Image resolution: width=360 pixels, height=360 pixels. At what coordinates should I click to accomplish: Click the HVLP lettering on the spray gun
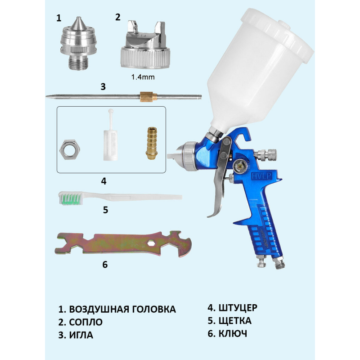tap(261, 176)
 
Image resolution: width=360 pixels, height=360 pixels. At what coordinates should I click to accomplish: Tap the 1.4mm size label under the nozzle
tap(143, 77)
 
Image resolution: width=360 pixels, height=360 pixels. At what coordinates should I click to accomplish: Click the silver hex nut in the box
tap(70, 149)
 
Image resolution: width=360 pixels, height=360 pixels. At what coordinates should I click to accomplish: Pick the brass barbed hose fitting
tap(152, 143)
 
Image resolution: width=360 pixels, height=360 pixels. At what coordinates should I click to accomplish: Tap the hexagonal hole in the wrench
tap(151, 243)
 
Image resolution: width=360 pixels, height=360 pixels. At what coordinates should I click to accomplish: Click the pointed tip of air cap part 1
tap(78, 18)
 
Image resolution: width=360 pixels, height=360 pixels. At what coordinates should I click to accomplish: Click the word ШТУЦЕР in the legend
tap(238, 308)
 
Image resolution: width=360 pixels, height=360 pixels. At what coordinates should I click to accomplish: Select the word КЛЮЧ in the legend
tap(233, 334)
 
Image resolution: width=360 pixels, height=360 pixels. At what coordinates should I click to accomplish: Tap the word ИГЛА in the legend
tap(81, 335)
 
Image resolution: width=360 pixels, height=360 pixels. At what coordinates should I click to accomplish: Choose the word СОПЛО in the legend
tap(86, 322)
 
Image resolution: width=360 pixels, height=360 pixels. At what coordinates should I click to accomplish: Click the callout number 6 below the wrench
tap(105, 265)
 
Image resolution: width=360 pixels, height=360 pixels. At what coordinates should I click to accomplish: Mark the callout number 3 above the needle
tap(103, 87)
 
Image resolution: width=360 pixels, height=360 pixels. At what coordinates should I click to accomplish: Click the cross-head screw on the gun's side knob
tap(240, 165)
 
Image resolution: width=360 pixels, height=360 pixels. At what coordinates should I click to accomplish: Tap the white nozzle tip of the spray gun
tap(173, 156)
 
